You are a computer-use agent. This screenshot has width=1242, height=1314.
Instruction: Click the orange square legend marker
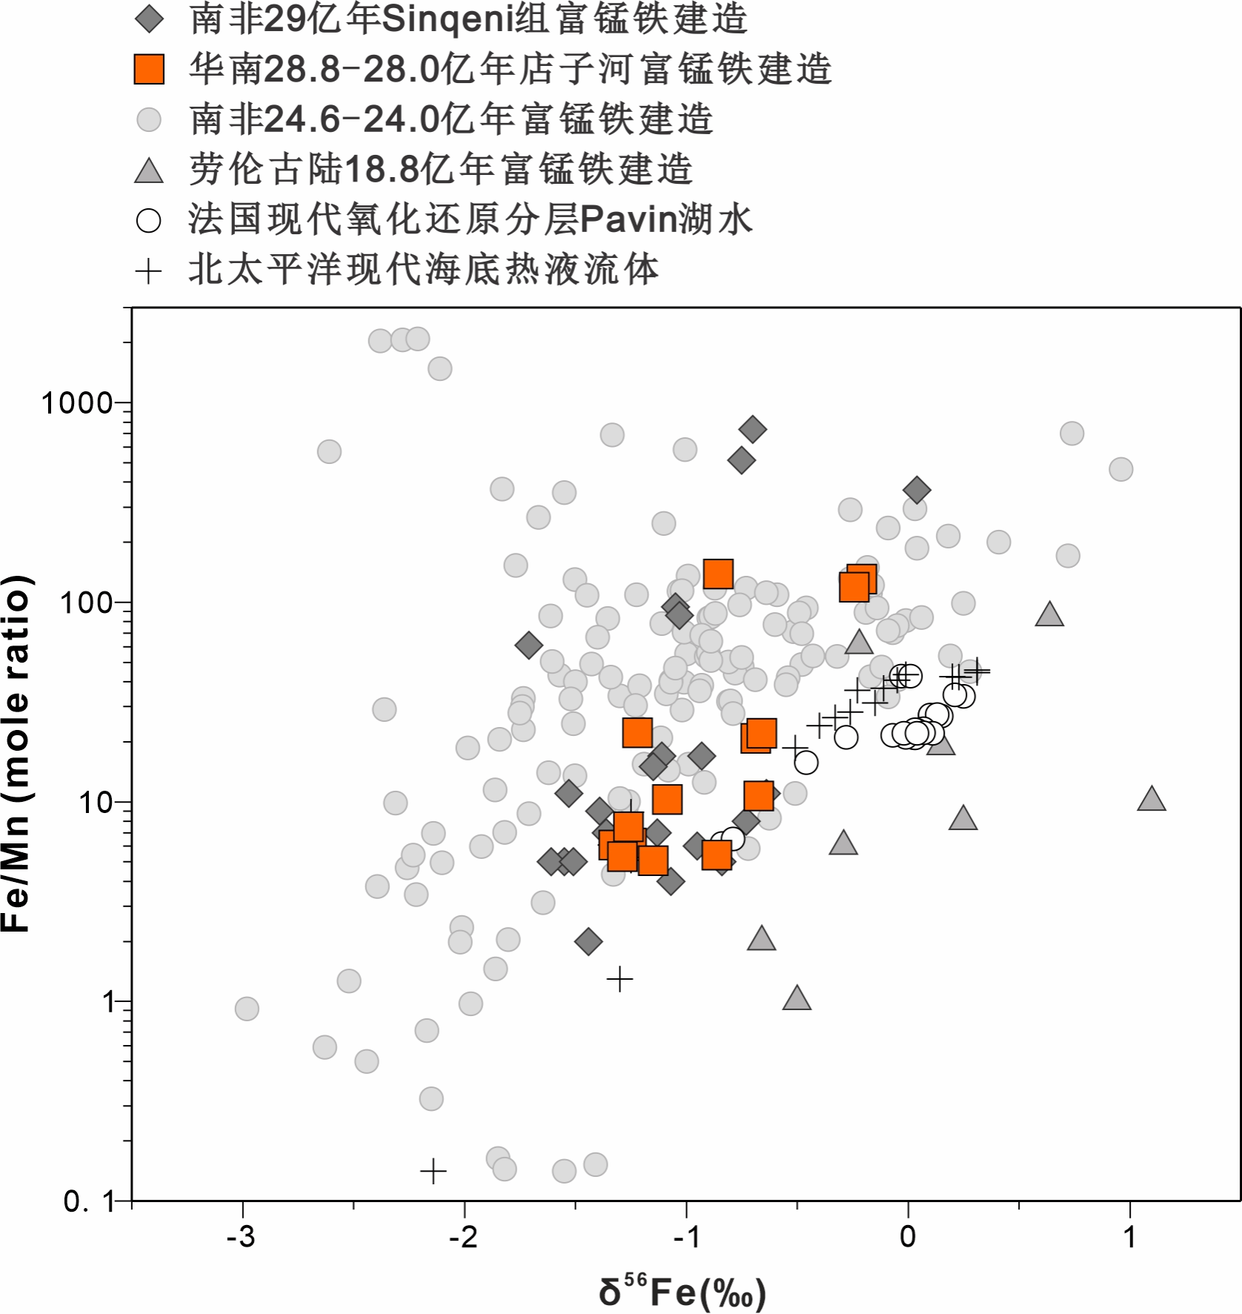point(149,69)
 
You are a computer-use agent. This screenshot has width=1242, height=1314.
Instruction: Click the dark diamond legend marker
point(149,19)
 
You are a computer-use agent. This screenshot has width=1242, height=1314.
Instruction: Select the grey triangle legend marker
point(149,170)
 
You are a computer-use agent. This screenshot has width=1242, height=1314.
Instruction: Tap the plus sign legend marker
point(149,271)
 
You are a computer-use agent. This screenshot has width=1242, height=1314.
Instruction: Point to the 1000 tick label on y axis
point(76,404)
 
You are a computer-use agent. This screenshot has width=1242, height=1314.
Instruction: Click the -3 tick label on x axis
point(241,1237)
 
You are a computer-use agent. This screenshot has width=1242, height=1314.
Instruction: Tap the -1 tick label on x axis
point(685,1237)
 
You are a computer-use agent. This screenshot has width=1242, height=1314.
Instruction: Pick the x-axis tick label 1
point(1129,1237)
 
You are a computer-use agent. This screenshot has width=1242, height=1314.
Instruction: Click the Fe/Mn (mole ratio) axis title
point(16,753)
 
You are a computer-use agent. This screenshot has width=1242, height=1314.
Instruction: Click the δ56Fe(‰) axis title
point(682,1291)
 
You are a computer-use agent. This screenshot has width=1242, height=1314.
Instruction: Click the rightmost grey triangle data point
point(1151,799)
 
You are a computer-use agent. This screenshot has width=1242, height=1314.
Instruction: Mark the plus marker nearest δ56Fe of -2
point(434,1171)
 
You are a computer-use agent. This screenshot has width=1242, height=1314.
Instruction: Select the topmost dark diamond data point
point(752,428)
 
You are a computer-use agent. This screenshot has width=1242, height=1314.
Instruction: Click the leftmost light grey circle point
point(247,1008)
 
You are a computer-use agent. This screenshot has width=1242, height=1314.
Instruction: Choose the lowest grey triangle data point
point(797,998)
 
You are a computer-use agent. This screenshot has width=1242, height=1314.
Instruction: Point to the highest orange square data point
point(718,574)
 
